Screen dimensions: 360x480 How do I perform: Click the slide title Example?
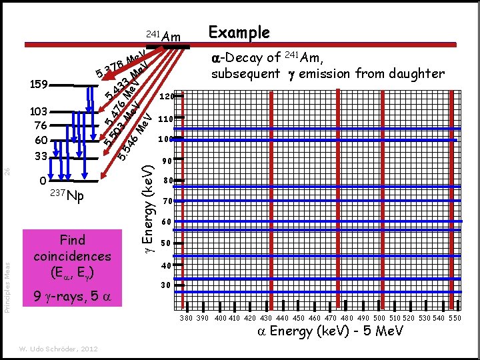239,33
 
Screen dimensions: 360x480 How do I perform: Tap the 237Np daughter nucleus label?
67,196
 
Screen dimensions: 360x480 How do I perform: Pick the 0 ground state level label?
42,181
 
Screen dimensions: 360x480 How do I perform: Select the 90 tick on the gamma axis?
167,161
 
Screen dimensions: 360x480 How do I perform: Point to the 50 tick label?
167,243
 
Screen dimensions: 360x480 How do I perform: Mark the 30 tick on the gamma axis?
167,285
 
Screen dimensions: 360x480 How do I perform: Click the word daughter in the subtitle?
412,73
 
